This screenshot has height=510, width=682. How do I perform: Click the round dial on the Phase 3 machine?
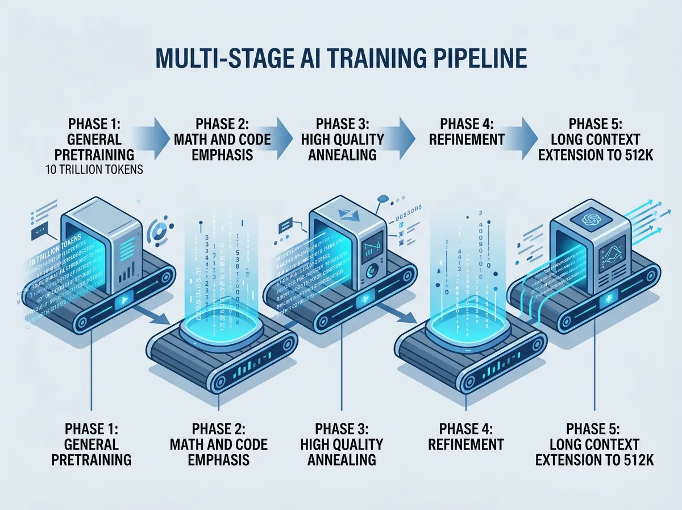point(372,271)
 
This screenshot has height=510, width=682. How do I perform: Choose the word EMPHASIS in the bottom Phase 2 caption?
point(219,459)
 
